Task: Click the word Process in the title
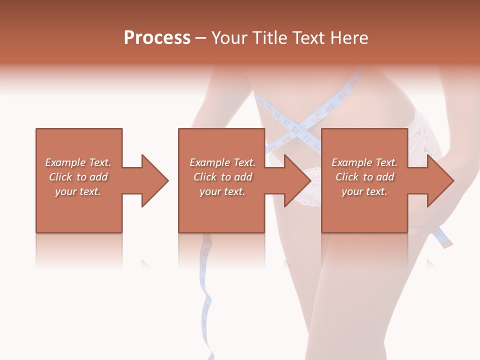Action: [157, 38]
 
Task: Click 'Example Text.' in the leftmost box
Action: [78, 162]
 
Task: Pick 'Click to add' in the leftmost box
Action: [78, 177]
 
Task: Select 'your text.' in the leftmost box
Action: [78, 191]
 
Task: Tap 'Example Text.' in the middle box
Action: [222, 162]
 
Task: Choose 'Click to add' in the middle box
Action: [222, 177]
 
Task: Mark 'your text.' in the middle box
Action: [222, 191]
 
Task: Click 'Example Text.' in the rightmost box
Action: [364, 162]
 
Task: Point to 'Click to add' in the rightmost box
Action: [364, 177]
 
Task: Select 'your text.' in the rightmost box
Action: [364, 191]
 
